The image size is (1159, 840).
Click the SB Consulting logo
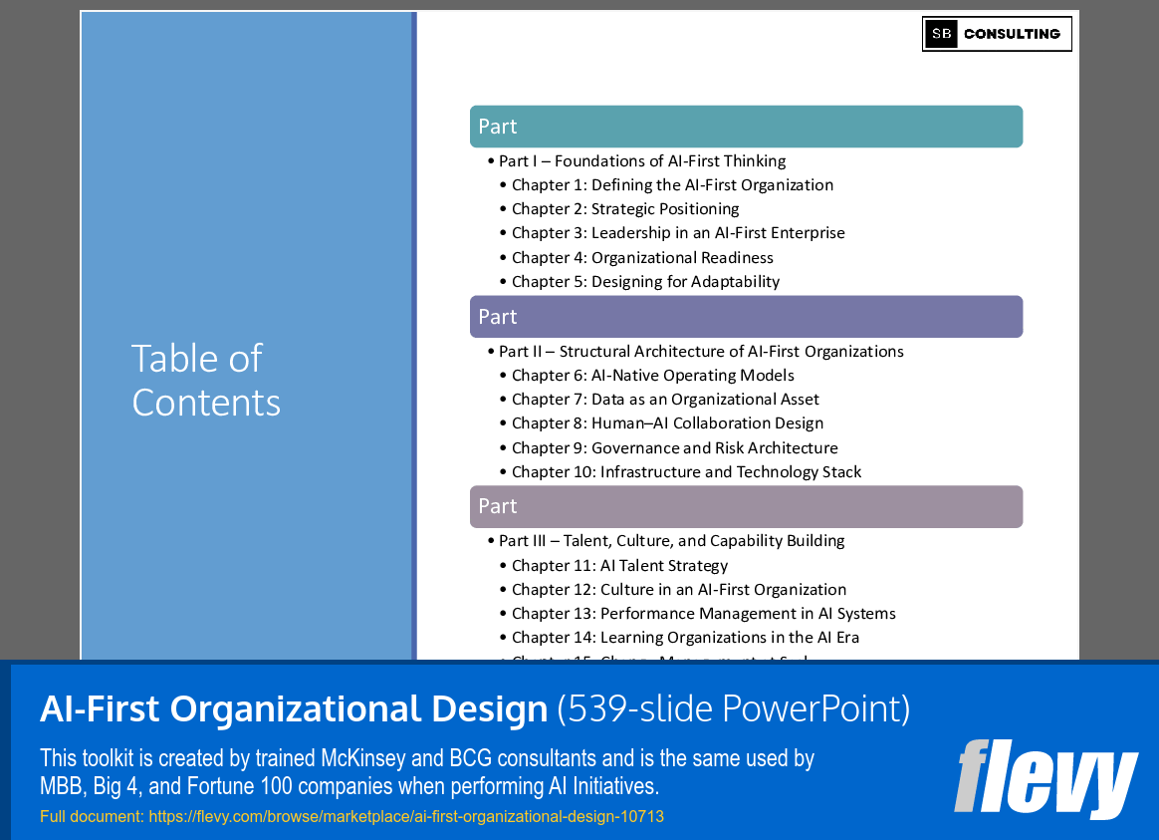997,34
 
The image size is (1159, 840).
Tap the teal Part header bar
746,127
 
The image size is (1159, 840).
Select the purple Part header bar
746,317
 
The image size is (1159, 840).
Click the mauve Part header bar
746,506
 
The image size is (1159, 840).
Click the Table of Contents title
206,380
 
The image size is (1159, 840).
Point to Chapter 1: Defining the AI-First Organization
672,185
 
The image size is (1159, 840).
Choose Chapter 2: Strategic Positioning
625,209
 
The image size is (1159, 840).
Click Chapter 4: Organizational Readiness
642,257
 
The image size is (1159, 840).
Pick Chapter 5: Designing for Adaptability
645,281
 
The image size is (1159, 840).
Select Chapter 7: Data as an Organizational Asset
665,400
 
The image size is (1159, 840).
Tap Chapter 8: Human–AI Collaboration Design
667,423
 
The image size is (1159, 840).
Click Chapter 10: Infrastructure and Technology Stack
686,472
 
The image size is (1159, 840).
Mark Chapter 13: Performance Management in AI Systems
703,614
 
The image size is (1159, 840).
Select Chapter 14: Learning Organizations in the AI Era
685,638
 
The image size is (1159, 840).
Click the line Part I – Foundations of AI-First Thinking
642,161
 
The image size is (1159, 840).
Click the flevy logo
1045,778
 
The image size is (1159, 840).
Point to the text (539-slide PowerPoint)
733,709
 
